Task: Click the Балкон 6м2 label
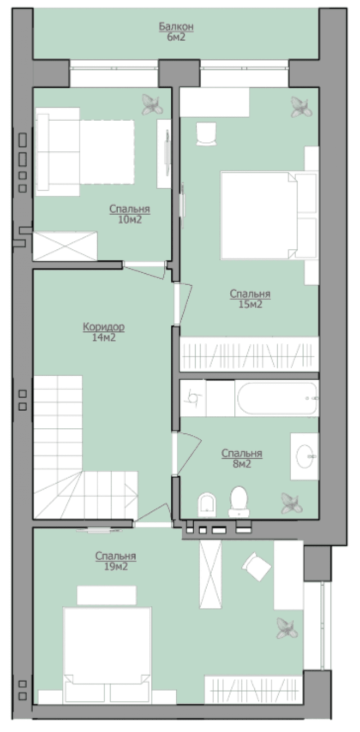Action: pos(176,32)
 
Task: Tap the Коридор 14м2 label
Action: pos(104,332)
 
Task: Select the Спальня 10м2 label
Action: pos(130,214)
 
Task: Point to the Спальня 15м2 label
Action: pos(250,299)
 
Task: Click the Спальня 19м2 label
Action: pos(116,561)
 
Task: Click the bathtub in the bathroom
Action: pos(277,398)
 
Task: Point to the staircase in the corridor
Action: pos(86,447)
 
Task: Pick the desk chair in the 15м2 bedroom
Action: pos(206,134)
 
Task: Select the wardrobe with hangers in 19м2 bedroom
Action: pos(254,689)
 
